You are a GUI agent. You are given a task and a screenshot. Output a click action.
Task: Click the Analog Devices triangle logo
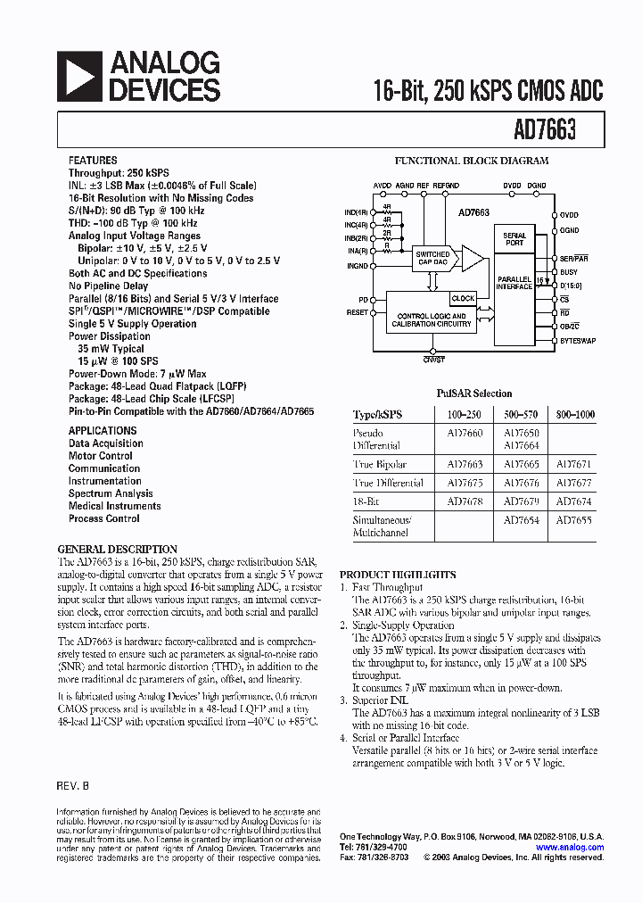pos(79,76)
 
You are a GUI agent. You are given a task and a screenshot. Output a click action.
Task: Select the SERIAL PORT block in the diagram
pos(514,239)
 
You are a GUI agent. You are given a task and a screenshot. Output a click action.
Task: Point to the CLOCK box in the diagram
pos(463,298)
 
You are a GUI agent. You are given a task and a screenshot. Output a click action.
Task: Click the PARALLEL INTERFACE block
pos(514,282)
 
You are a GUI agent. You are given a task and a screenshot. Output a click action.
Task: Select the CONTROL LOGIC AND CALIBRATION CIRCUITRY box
pos(432,319)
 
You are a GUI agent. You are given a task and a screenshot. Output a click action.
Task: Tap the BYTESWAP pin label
pos(578,340)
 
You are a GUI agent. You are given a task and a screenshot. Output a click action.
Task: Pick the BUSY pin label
pos(569,272)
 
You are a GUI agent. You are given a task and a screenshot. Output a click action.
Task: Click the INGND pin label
pos(357,266)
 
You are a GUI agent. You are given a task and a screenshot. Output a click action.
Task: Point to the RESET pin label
pos(357,313)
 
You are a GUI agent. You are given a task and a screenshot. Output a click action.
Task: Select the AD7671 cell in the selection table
pos(573,464)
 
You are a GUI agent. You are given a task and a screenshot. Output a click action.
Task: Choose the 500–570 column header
pos(521,415)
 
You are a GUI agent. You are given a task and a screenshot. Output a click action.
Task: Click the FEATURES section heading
pos(93,161)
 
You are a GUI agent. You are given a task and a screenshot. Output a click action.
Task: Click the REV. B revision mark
pos(74,787)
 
